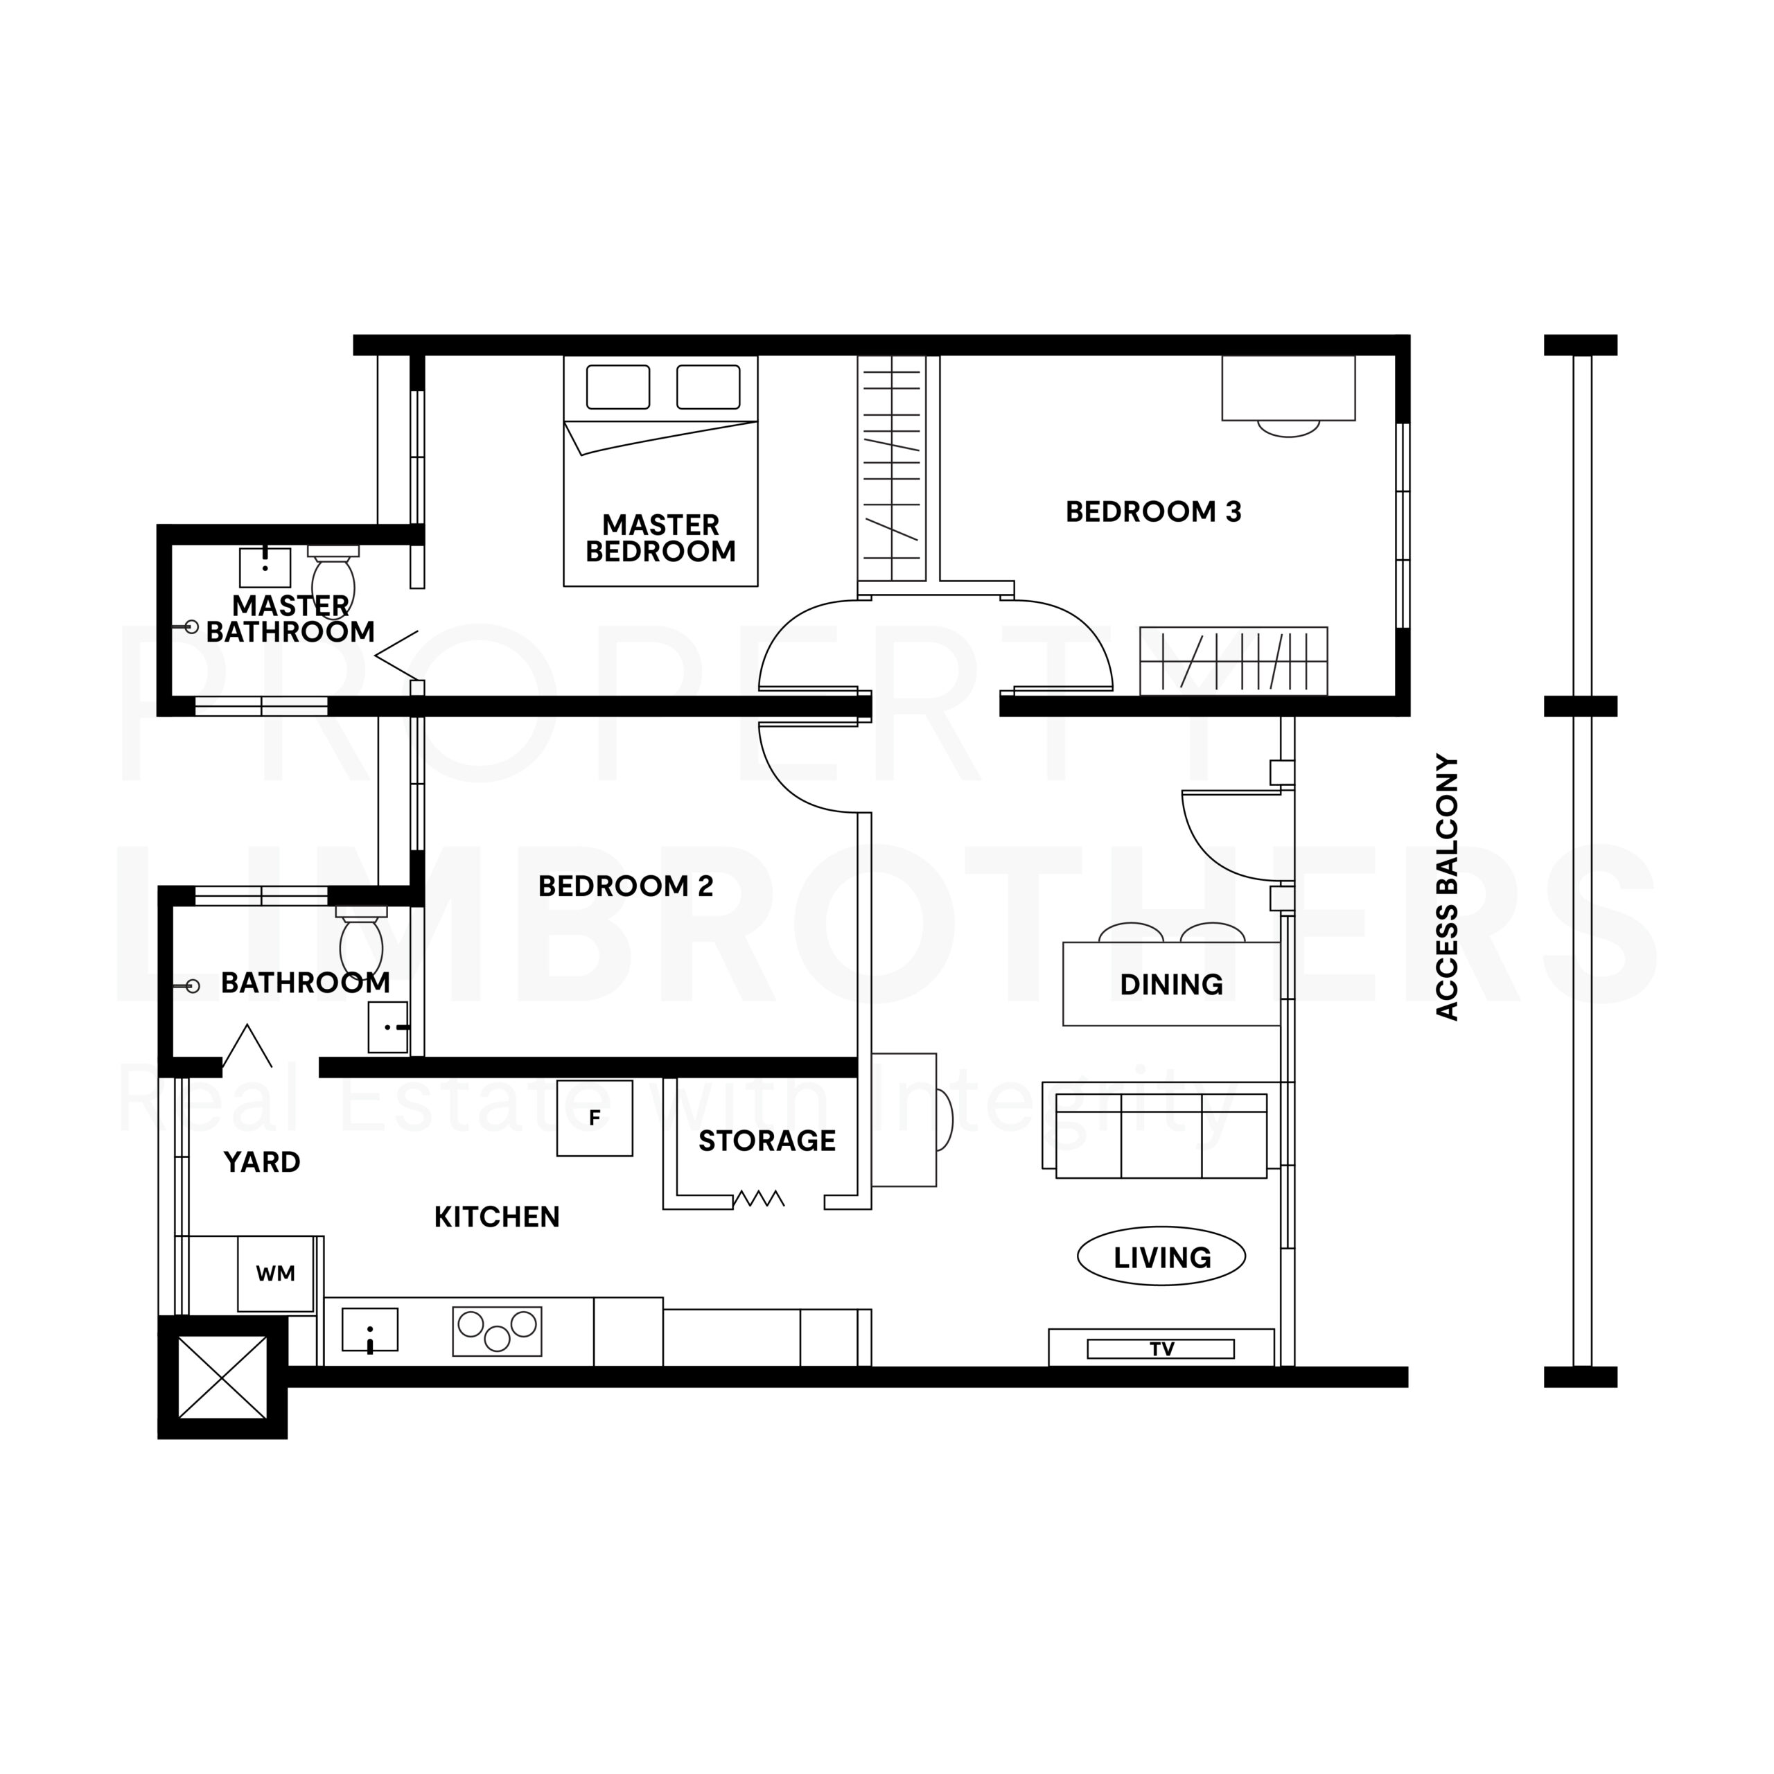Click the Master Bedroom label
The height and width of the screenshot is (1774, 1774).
[661, 538]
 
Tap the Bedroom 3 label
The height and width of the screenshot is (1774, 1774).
[1153, 511]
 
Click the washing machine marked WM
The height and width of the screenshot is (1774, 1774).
[276, 1274]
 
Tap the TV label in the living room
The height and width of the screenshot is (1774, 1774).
[1161, 1349]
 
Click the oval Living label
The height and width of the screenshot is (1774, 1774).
[1161, 1257]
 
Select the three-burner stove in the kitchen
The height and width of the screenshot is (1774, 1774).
[497, 1331]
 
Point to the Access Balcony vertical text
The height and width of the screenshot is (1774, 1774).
[1447, 887]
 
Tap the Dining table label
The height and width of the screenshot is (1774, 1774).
[1170, 984]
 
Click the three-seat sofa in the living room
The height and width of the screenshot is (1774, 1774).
[1155, 1136]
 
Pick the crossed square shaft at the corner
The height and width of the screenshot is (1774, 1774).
[222, 1378]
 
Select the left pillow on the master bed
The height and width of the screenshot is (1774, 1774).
[618, 387]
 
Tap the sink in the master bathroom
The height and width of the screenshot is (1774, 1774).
[265, 568]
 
